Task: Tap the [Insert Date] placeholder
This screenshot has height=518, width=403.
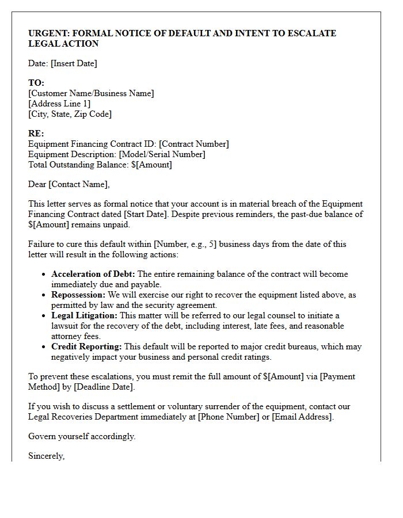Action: click(74, 63)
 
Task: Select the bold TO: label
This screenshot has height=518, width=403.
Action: click(36, 83)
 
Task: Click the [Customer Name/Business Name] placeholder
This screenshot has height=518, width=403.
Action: click(91, 93)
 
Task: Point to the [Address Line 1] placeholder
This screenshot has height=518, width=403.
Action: click(59, 104)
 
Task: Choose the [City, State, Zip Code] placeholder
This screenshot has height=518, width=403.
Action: click(70, 114)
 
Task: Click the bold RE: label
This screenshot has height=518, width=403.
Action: click(36, 134)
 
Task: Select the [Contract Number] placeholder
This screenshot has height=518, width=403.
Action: click(194, 144)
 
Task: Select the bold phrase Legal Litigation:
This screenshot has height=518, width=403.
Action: click(84, 315)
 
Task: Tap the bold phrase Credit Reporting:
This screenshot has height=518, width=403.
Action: click(86, 346)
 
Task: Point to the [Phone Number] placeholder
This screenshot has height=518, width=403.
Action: click(229, 417)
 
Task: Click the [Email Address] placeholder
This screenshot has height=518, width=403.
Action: click(302, 417)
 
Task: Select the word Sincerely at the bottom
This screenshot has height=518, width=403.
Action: click(46, 456)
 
